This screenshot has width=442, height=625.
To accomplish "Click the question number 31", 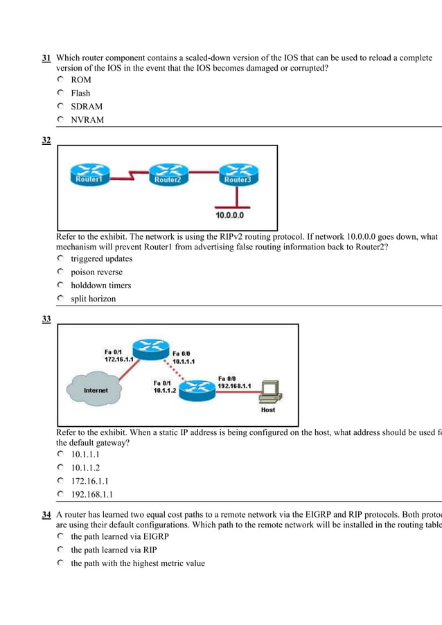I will click(46, 58).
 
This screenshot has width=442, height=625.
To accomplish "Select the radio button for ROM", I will click(61, 80).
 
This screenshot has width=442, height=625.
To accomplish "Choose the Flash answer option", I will click(80, 93).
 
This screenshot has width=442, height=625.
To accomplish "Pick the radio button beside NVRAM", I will click(61, 120).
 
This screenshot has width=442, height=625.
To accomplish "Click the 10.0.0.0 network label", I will click(229, 215).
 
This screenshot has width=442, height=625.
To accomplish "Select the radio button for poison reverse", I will click(61, 272).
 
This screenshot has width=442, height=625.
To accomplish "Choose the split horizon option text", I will click(94, 299).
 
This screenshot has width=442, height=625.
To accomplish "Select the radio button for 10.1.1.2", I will click(61, 468).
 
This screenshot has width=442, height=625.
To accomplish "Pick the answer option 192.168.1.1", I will click(92, 495).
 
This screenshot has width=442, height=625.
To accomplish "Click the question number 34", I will click(46, 515).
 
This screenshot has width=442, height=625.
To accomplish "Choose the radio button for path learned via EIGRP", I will click(61, 536).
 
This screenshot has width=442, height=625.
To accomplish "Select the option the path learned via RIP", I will click(114, 550).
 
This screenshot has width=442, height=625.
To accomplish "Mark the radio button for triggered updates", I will click(61, 258).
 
